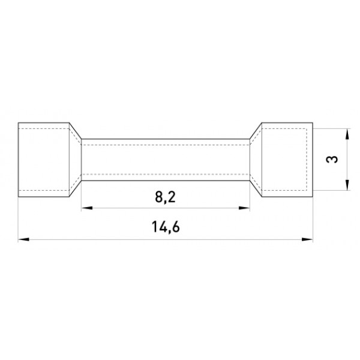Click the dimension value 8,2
[x=166, y=197]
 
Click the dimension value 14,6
[x=166, y=227]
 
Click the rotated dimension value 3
[x=332, y=160]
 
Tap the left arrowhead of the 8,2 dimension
[x=87, y=208]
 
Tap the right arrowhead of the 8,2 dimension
[x=244, y=208]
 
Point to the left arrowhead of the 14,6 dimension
[x=23, y=239]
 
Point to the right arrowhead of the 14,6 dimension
[x=307, y=239]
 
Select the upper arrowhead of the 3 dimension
[x=347, y=134]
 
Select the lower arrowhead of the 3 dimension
[x=347, y=185]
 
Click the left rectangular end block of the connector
[x=44, y=160]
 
